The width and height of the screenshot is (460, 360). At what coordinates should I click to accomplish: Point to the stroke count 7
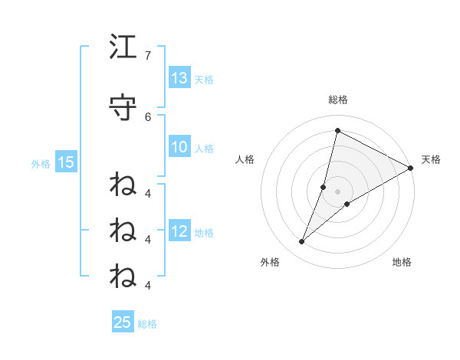point(147,56)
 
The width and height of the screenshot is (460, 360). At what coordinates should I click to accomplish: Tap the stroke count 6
point(147,116)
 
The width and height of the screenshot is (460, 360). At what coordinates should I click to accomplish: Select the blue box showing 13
point(179,78)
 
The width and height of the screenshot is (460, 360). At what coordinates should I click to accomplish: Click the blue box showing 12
point(179,231)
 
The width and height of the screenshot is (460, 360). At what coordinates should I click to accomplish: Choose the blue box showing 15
point(66,162)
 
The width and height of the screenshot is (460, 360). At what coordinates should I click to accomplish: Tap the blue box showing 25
point(123,322)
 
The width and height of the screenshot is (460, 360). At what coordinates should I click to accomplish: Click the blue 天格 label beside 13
point(204,80)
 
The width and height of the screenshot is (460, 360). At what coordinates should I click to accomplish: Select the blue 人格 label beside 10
point(204,148)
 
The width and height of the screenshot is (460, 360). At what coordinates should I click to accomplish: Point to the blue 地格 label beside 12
point(204,232)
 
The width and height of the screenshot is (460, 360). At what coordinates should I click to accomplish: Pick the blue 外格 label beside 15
point(41,162)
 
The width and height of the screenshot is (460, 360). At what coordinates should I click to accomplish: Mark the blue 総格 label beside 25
point(147,323)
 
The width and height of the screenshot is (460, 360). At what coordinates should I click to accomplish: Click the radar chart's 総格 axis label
point(337,100)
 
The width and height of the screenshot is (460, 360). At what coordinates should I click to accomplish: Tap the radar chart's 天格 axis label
point(431,159)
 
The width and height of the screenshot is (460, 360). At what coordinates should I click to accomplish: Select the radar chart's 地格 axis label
point(402,262)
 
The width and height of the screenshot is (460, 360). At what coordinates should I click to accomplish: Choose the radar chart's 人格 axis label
point(245,159)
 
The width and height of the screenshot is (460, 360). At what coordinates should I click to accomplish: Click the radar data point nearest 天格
point(411,168)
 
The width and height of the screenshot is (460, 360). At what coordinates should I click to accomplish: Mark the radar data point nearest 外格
point(302,242)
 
